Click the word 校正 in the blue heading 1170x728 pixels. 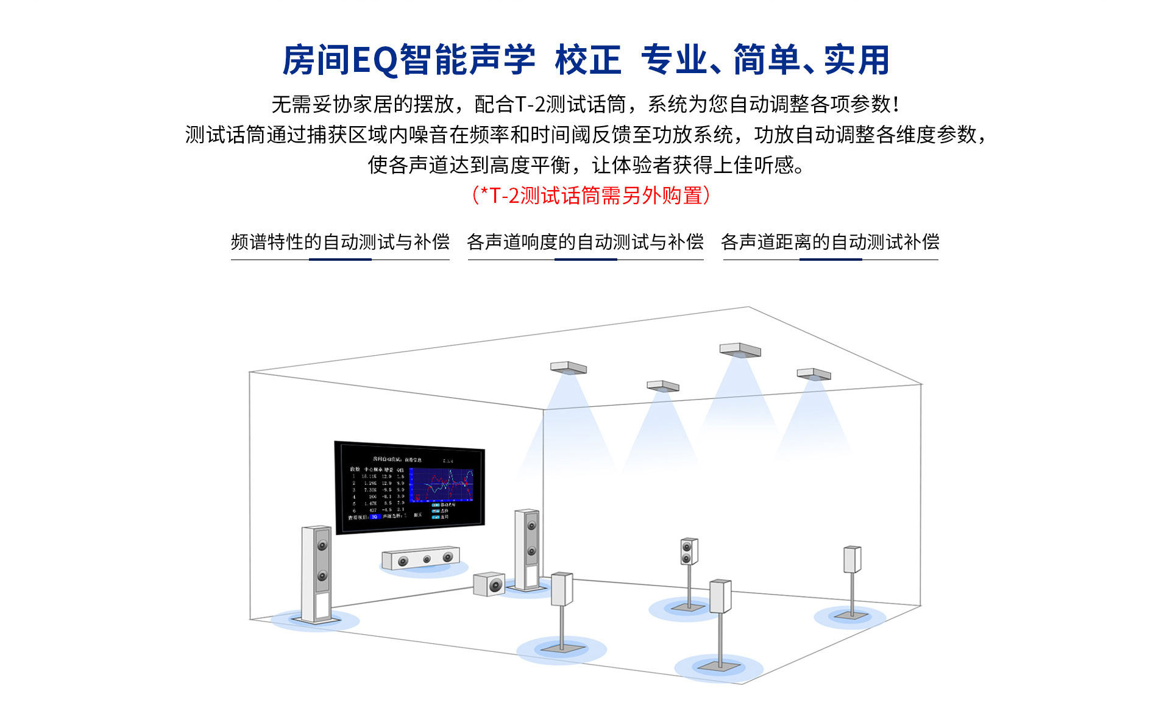(587, 60)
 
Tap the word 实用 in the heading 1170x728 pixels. (856, 60)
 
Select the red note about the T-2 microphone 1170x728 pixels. (590, 196)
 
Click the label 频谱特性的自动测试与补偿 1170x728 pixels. (340, 242)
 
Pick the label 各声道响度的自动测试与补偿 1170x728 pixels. (585, 242)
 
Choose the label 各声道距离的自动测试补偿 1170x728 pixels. (830, 242)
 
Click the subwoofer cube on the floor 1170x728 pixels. (489, 584)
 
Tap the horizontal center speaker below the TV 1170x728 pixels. (420, 558)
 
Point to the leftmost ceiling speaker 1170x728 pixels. (568, 368)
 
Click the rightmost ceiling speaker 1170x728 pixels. (814, 374)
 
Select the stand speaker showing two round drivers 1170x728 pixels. (689, 551)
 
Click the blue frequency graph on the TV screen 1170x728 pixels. (441, 485)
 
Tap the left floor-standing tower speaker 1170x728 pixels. (316, 573)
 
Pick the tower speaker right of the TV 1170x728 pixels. (527, 548)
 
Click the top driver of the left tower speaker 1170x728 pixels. (322, 545)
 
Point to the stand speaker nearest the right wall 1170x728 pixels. (852, 559)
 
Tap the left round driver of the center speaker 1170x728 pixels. (403, 561)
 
